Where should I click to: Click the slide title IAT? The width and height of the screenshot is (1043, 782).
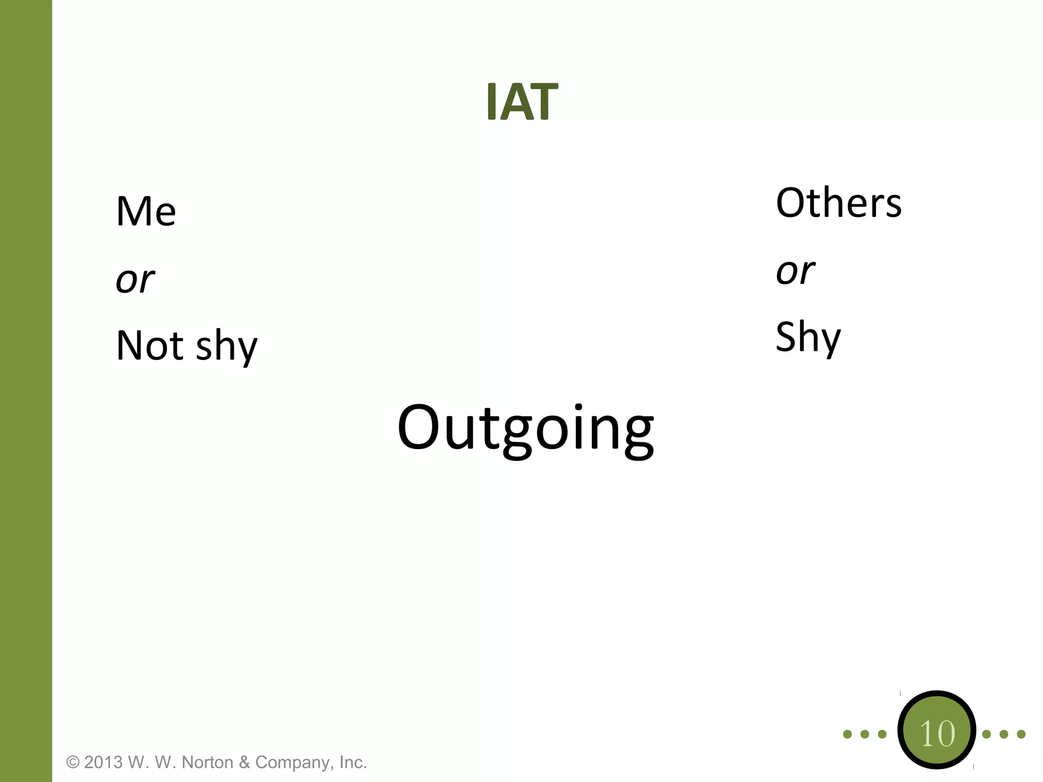(522, 102)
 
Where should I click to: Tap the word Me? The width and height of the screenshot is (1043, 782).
(146, 211)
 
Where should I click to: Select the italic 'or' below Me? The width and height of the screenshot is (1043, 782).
(135, 281)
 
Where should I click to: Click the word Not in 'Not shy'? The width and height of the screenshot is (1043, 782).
(150, 346)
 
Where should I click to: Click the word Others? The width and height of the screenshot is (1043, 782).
(839, 203)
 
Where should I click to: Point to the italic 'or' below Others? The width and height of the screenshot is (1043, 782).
(795, 272)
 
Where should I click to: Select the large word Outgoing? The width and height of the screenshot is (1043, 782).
(526, 429)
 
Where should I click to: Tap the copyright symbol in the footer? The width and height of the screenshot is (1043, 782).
(73, 763)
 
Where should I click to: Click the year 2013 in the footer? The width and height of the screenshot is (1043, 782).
(103, 763)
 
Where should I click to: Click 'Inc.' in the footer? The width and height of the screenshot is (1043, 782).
(353, 763)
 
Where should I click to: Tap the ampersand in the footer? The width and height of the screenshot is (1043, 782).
(244, 763)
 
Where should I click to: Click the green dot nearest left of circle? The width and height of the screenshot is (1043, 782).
(882, 734)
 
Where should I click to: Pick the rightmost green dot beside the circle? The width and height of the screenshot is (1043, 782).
(1021, 734)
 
